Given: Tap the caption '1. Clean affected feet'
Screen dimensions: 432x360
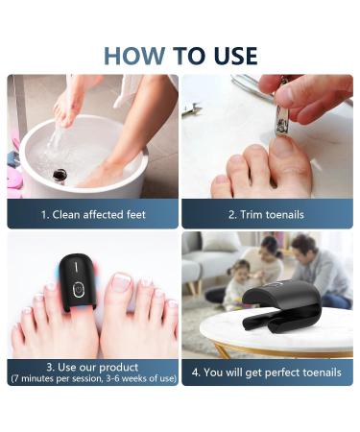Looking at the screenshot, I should tap(93, 214).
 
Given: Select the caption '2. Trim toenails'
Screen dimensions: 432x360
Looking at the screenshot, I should tap(267, 214).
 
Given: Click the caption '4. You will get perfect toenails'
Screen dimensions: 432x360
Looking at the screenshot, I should tap(267, 372).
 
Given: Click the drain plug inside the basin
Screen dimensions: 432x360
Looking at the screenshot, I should tap(60, 174).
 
